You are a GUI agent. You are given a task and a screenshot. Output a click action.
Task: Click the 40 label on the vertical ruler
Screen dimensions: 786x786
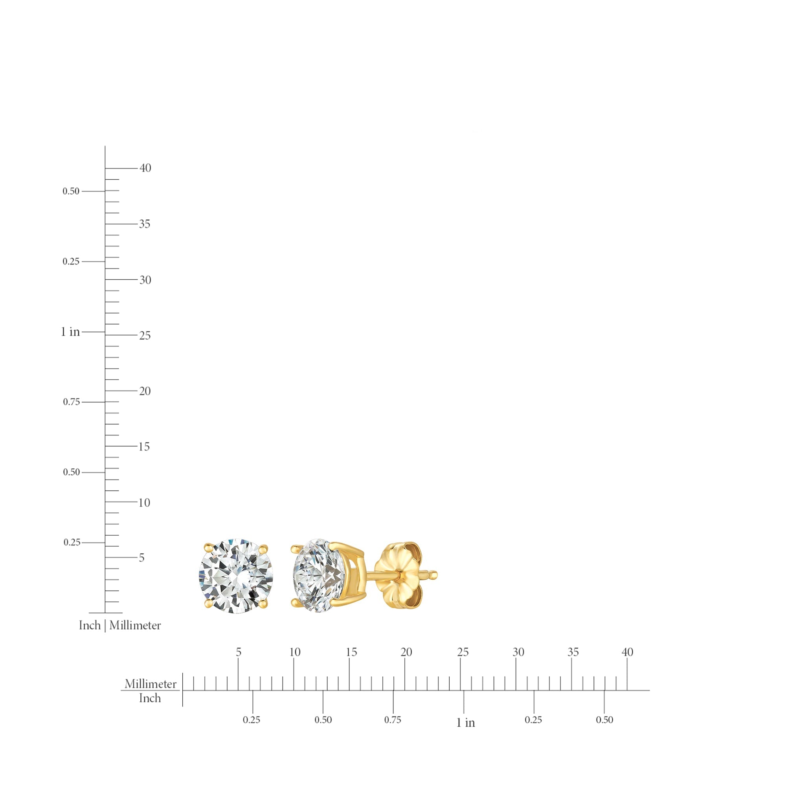tap(145, 168)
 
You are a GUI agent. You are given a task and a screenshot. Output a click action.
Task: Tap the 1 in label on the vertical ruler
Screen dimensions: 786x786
tap(70, 332)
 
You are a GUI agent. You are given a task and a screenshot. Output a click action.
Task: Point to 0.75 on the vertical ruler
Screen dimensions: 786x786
tap(71, 402)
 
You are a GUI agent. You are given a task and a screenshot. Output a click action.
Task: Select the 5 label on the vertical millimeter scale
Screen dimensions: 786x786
tap(141, 558)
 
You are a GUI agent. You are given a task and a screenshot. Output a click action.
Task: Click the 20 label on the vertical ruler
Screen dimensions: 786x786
tap(145, 391)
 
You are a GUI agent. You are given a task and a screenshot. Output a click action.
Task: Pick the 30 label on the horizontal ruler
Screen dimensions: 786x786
tap(518, 652)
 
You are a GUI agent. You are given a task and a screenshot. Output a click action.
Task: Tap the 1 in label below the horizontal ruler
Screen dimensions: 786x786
tap(465, 723)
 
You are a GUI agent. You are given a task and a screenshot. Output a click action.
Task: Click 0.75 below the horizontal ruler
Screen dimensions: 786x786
tap(393, 720)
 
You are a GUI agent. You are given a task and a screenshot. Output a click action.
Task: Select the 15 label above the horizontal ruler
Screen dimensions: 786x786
tap(351, 652)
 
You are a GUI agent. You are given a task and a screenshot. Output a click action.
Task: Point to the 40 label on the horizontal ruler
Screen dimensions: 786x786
tap(627, 652)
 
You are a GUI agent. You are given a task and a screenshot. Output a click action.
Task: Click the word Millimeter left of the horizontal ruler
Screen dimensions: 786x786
tap(151, 684)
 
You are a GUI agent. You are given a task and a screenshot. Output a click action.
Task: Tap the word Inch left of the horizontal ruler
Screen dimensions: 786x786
tap(150, 698)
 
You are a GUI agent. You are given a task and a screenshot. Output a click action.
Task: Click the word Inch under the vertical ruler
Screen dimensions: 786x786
tap(90, 625)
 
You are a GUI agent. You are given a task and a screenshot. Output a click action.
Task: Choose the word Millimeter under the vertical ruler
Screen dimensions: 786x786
tap(135, 625)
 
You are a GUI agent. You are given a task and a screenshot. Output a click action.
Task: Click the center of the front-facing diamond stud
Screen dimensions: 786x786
tap(236, 576)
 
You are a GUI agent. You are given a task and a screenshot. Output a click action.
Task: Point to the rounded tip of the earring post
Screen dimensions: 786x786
tap(434, 575)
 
